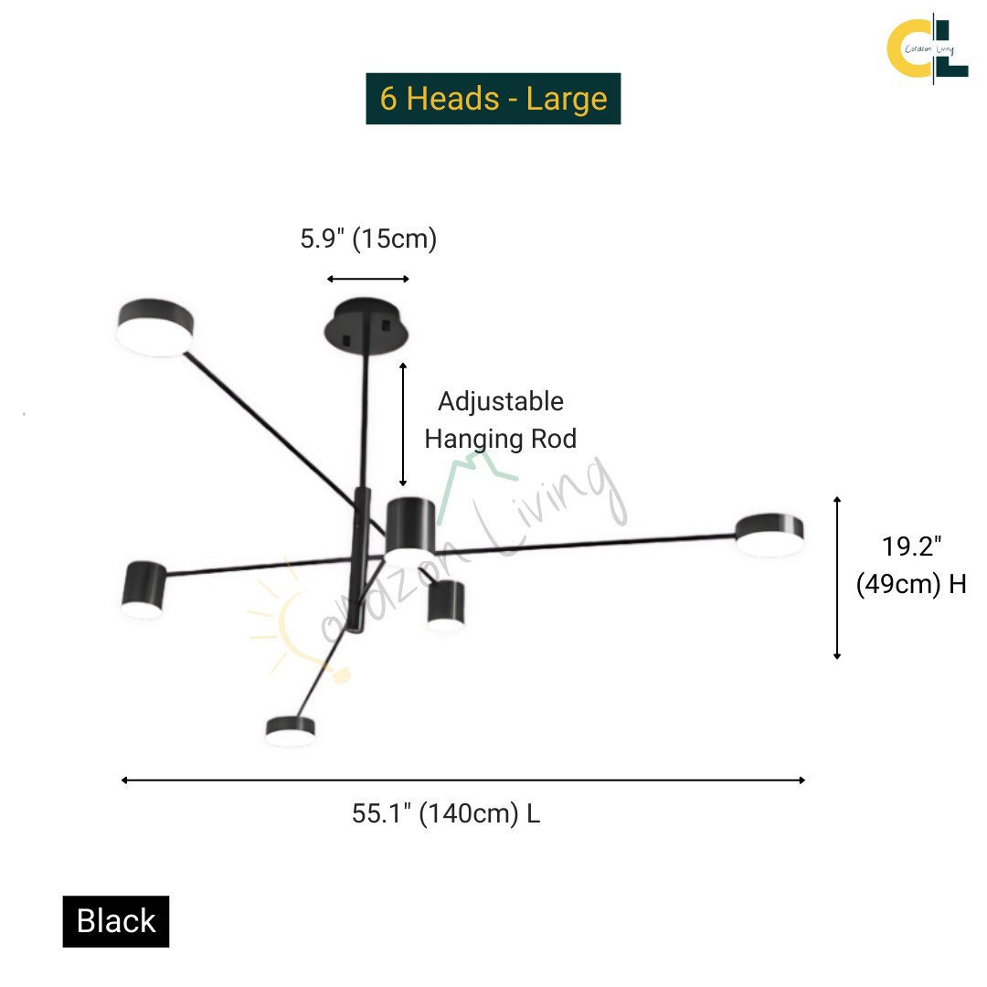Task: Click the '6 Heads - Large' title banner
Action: point(493,99)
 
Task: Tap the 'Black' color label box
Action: point(116,921)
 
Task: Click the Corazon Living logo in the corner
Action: point(928,49)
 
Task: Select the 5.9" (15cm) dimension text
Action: point(368,239)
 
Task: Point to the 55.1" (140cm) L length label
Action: point(446,813)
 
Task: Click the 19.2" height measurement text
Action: point(911,547)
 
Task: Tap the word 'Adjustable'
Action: point(501,401)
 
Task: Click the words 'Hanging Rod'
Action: point(501,440)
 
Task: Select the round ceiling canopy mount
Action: point(366,326)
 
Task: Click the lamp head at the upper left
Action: point(154,327)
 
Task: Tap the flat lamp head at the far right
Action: point(769,535)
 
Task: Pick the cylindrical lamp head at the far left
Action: point(143,589)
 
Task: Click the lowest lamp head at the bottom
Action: point(291,731)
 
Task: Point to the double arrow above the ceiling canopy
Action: point(368,279)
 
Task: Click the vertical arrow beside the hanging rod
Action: point(403,425)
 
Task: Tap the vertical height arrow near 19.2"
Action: point(837,578)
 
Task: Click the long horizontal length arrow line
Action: point(463,780)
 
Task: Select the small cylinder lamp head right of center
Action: point(446,604)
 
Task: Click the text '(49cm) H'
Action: point(911,584)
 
